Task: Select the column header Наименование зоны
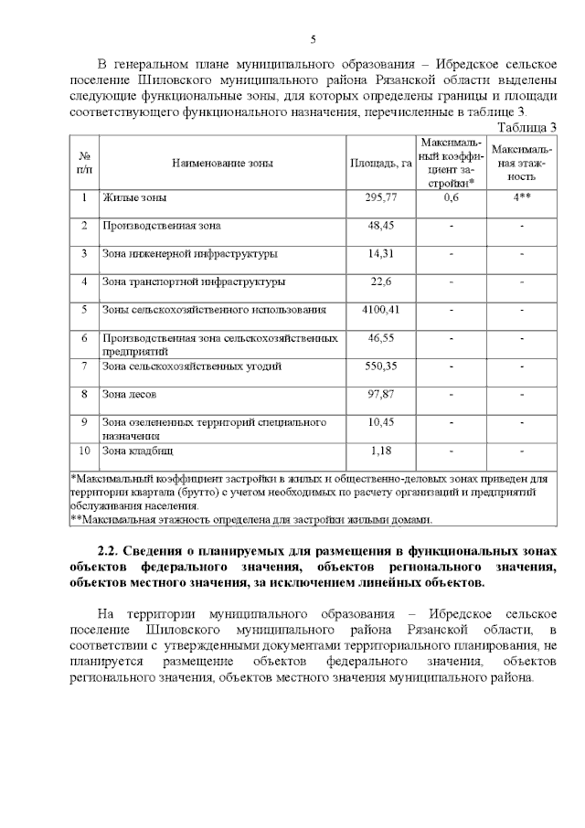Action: [x=221, y=163]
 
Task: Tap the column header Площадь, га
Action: [x=380, y=163]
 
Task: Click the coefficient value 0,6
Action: [x=450, y=197]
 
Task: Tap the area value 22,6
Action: [x=380, y=281]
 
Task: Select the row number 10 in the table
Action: [x=84, y=451]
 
